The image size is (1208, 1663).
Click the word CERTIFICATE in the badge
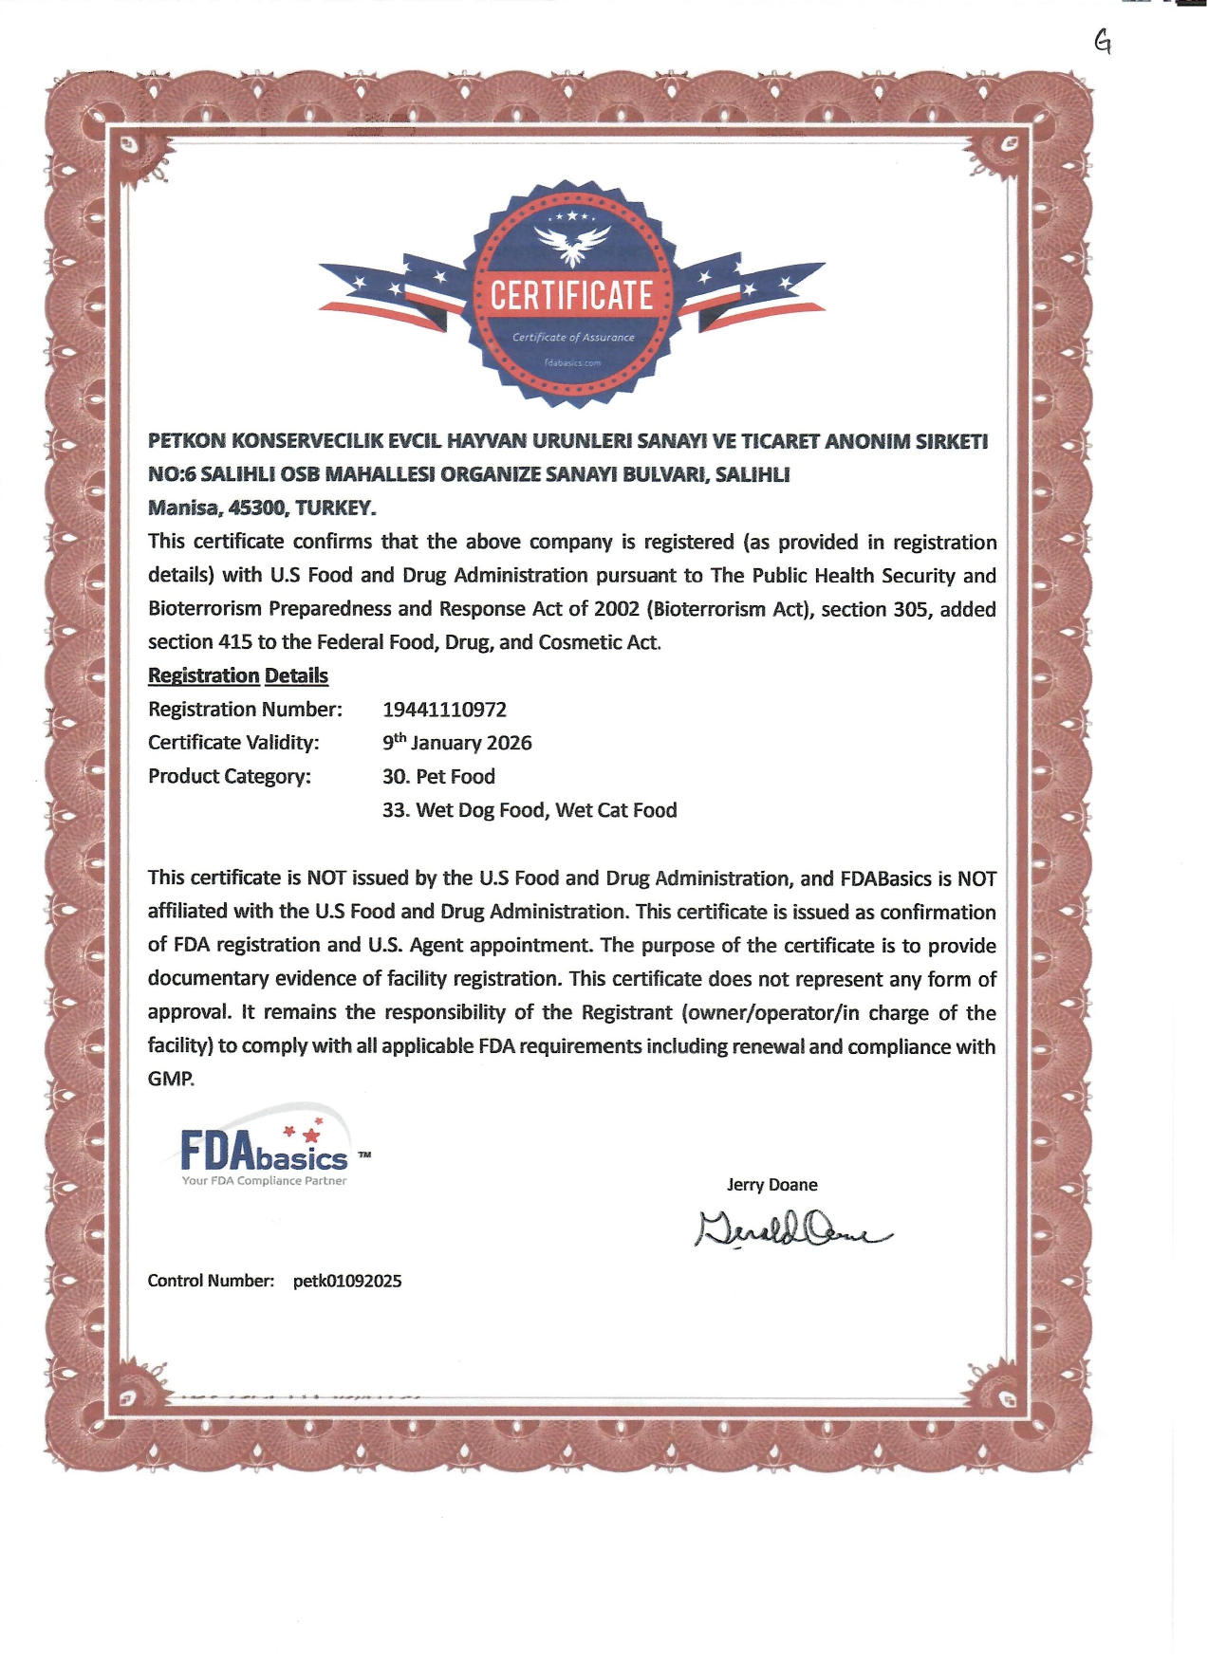tap(571, 296)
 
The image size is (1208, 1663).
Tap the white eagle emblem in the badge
tap(571, 245)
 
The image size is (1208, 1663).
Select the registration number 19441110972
tap(444, 710)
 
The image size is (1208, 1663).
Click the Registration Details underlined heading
tap(238, 675)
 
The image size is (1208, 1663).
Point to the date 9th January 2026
tap(457, 743)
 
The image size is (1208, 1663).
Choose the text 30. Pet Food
tap(438, 777)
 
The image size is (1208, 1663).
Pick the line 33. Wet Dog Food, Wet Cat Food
tap(530, 810)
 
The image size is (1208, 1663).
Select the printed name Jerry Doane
tap(771, 1185)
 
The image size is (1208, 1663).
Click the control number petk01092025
tap(347, 1281)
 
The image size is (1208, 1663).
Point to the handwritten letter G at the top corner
tap(1103, 41)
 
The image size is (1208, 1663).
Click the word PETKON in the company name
tap(186, 441)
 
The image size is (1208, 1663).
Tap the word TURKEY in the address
tap(335, 508)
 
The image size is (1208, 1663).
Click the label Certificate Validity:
tap(233, 743)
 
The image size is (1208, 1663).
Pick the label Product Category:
tap(230, 777)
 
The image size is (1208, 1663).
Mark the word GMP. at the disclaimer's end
tap(171, 1080)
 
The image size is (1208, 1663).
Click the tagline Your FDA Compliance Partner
tap(265, 1181)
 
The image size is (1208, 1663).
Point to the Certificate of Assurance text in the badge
tap(573, 338)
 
